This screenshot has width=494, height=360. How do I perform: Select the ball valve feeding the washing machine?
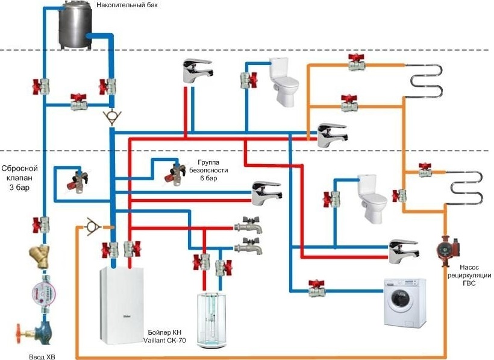tap(316, 286)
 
